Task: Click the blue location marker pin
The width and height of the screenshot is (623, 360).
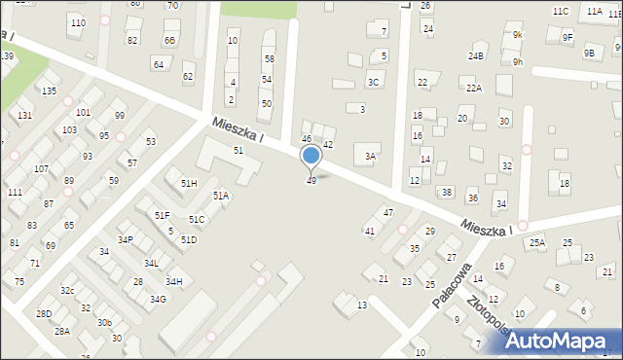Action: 311,156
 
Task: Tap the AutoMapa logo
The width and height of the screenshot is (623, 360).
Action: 555,340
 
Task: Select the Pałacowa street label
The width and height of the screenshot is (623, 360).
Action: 453,284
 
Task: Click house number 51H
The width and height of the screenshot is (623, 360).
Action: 189,183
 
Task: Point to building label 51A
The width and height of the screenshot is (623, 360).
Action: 221,196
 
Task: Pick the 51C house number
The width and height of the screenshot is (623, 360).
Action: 197,220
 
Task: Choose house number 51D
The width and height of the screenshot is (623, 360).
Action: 188,239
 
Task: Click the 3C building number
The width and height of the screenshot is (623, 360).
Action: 373,83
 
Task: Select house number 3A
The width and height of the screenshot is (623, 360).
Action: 370,156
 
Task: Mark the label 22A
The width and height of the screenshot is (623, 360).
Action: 473,88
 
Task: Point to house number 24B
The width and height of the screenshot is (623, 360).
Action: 475,56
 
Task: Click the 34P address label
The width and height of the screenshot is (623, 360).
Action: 126,239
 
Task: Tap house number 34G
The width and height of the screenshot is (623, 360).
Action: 157,299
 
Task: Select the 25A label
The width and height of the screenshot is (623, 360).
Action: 537,242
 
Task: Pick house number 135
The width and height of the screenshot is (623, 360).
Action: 49,90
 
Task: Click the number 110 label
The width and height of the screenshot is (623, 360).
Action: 77,22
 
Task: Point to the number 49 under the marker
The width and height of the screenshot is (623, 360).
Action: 311,181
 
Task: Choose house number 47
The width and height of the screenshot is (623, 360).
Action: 387,212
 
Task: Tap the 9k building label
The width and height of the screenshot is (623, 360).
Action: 518,35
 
